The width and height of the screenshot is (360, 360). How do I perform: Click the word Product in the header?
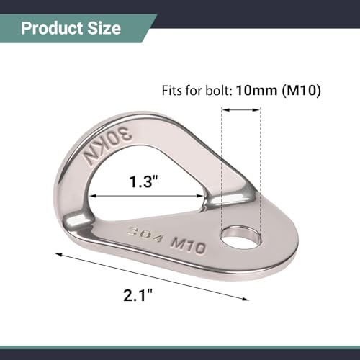click(52, 29)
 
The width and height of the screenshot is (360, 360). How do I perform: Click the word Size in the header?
click(104, 29)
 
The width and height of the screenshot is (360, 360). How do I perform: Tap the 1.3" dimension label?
click(143, 181)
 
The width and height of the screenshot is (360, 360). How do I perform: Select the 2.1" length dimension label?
click(138, 295)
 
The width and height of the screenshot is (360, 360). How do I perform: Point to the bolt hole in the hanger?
click(240, 238)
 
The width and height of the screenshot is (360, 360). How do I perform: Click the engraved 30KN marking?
click(107, 147)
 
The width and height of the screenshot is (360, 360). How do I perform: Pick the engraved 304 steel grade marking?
click(145, 234)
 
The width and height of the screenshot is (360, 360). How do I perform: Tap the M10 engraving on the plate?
click(188, 246)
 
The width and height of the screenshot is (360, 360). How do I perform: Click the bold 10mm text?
click(256, 91)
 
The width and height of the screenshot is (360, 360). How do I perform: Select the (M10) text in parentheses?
click(301, 91)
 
